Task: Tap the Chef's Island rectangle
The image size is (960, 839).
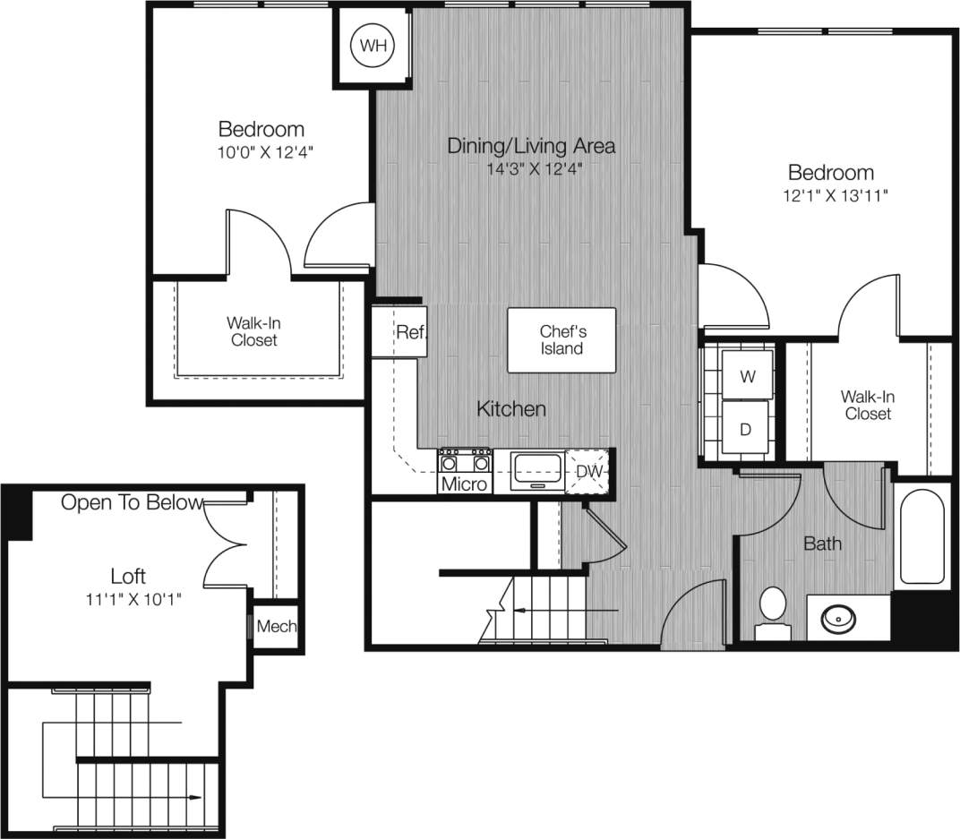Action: point(561,340)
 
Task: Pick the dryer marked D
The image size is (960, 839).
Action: point(745,429)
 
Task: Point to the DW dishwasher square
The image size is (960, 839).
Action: point(588,471)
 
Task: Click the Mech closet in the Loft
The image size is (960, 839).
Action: point(276,627)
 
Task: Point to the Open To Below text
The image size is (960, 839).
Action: point(132,503)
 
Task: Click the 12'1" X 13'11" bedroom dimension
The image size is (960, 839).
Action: point(830,197)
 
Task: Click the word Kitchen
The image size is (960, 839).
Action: point(510,409)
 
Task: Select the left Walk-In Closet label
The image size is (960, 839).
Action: point(254,331)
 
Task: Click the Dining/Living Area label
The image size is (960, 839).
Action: point(531,145)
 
